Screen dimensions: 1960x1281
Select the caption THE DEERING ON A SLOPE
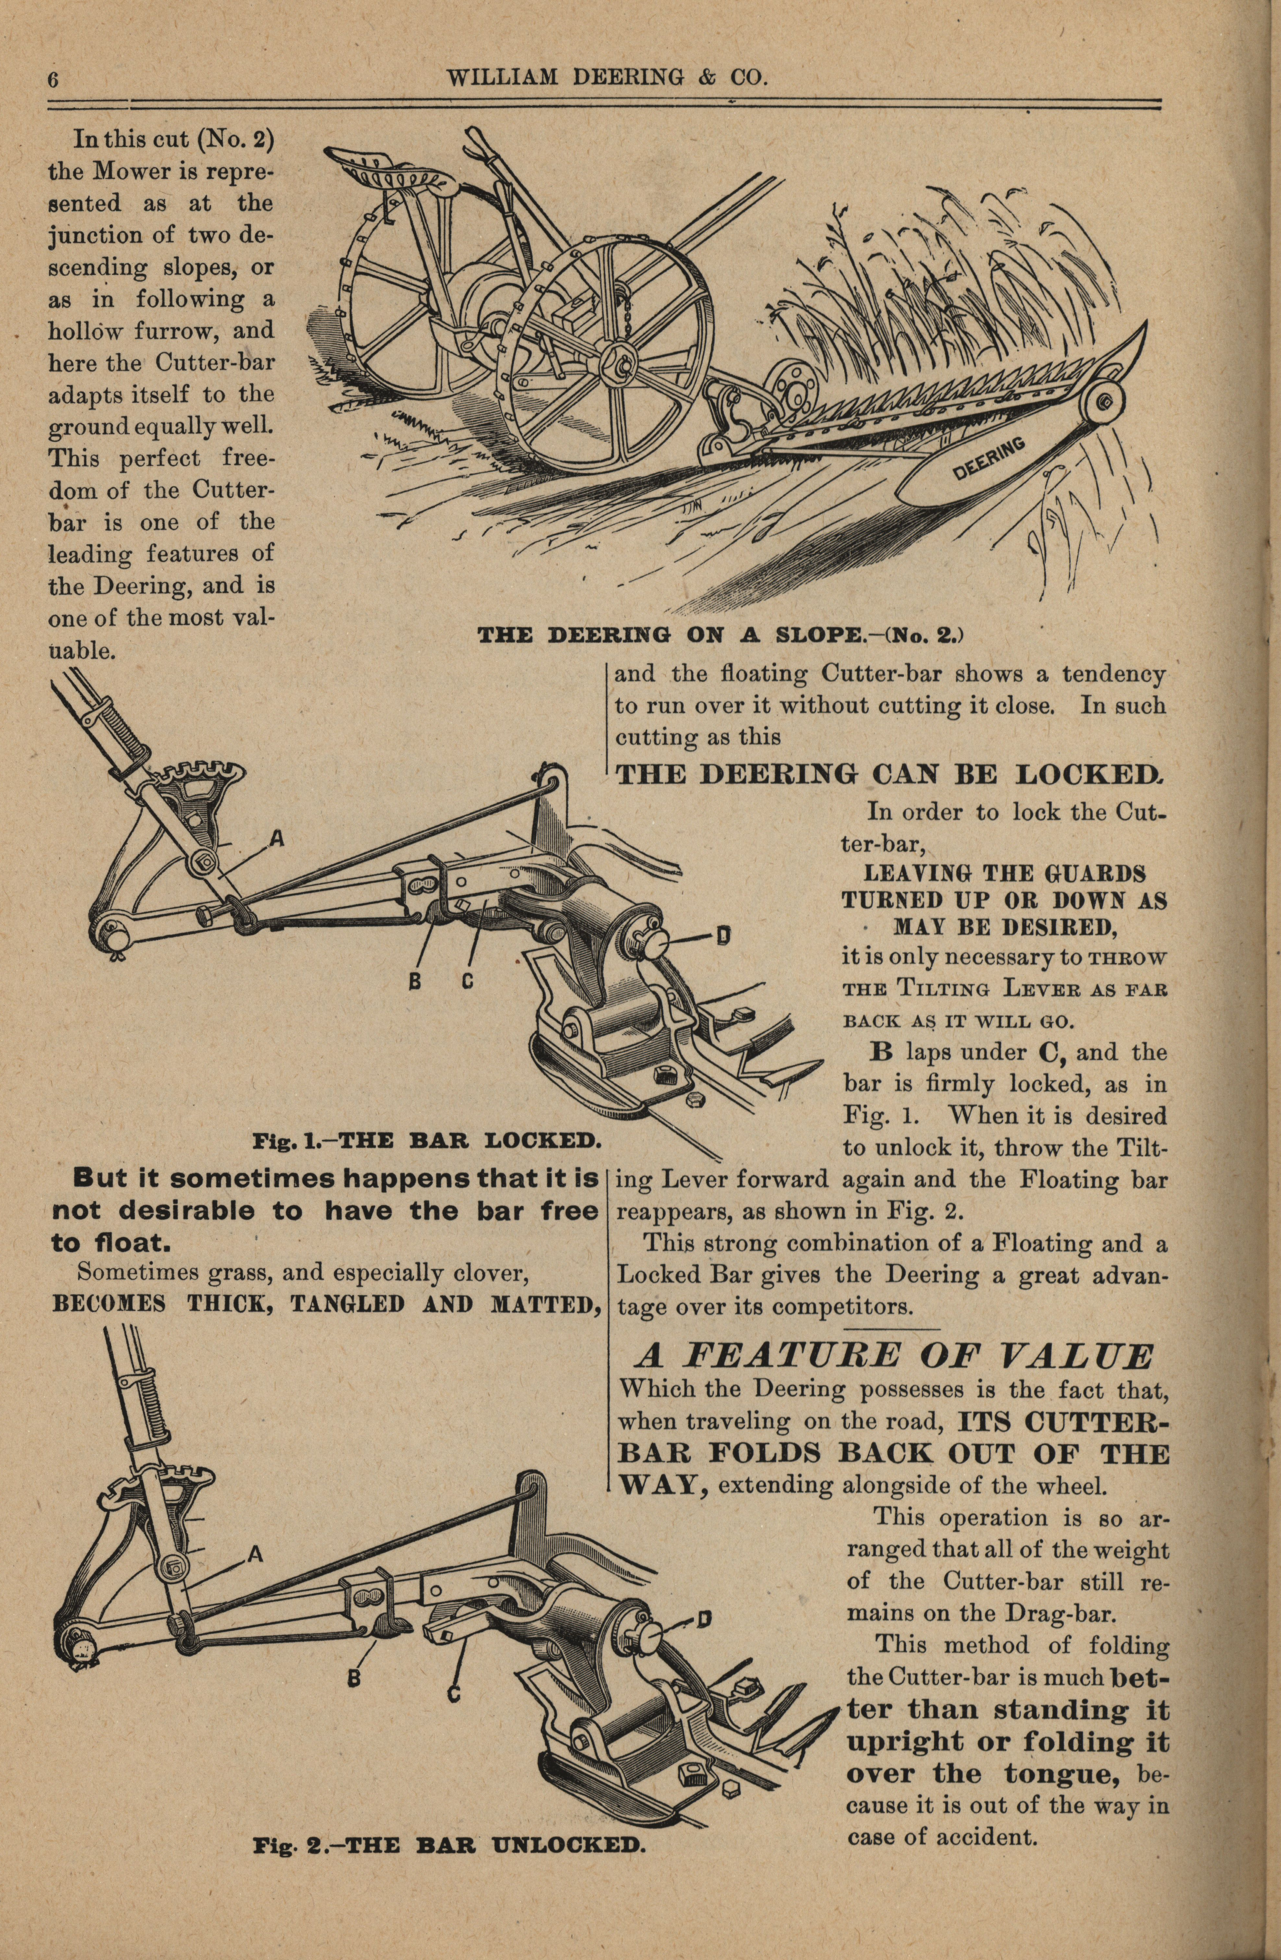coord(720,636)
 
